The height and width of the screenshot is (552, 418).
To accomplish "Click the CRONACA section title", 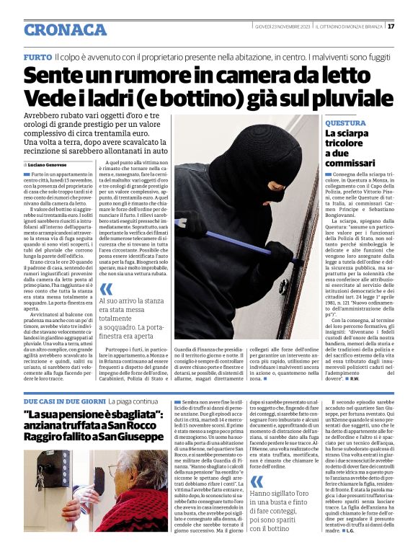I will pyautogui.click(x=65, y=30).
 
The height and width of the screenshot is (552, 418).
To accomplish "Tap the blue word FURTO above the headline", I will pyautogui.click(x=37, y=56).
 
